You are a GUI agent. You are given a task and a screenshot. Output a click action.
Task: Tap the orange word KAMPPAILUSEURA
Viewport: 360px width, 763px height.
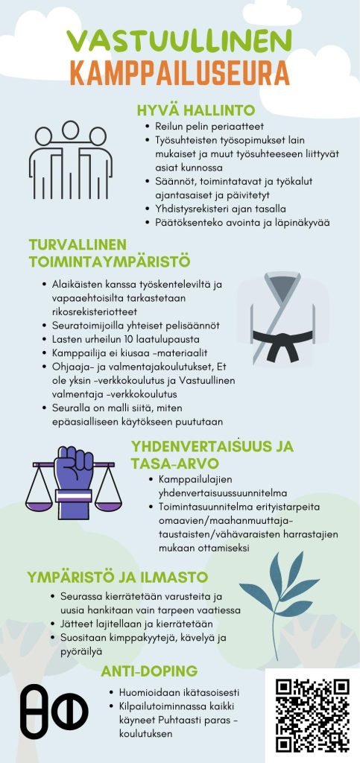click(x=179, y=73)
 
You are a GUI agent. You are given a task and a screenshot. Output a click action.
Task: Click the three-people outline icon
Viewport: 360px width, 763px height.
click(x=70, y=160)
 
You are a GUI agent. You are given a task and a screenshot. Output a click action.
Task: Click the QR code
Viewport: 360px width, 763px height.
click(x=312, y=715)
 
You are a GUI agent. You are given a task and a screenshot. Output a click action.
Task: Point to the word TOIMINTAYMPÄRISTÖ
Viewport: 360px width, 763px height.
click(x=110, y=262)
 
